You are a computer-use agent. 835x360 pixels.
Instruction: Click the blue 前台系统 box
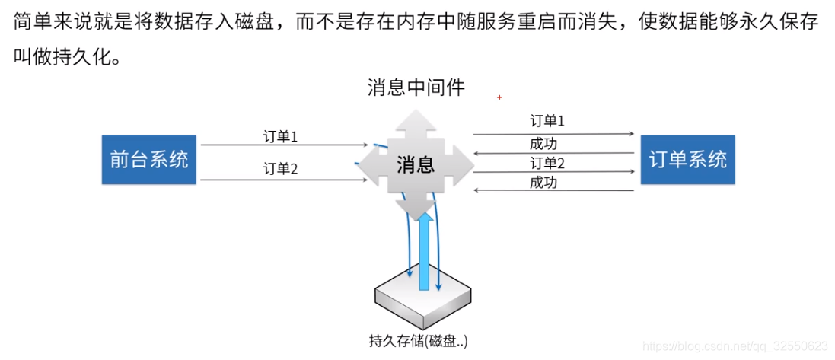pos(149,160)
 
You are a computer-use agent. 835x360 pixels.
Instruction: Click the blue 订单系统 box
pos(687,159)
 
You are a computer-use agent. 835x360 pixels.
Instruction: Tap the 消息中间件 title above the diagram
pos(416,88)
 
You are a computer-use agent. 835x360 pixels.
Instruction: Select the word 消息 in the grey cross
pos(415,163)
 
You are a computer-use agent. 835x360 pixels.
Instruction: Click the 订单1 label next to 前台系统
pos(279,136)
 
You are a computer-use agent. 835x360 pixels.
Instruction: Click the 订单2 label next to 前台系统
pos(279,168)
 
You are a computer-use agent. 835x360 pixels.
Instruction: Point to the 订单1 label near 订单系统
pos(547,121)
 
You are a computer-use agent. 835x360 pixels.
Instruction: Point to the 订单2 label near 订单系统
pos(547,163)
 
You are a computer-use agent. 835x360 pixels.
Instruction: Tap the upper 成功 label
pos(547,142)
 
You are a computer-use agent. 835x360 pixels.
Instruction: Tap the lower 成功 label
pos(547,183)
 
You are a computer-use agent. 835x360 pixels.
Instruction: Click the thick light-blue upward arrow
pos(427,251)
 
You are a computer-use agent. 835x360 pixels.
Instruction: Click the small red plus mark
pos(499,97)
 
